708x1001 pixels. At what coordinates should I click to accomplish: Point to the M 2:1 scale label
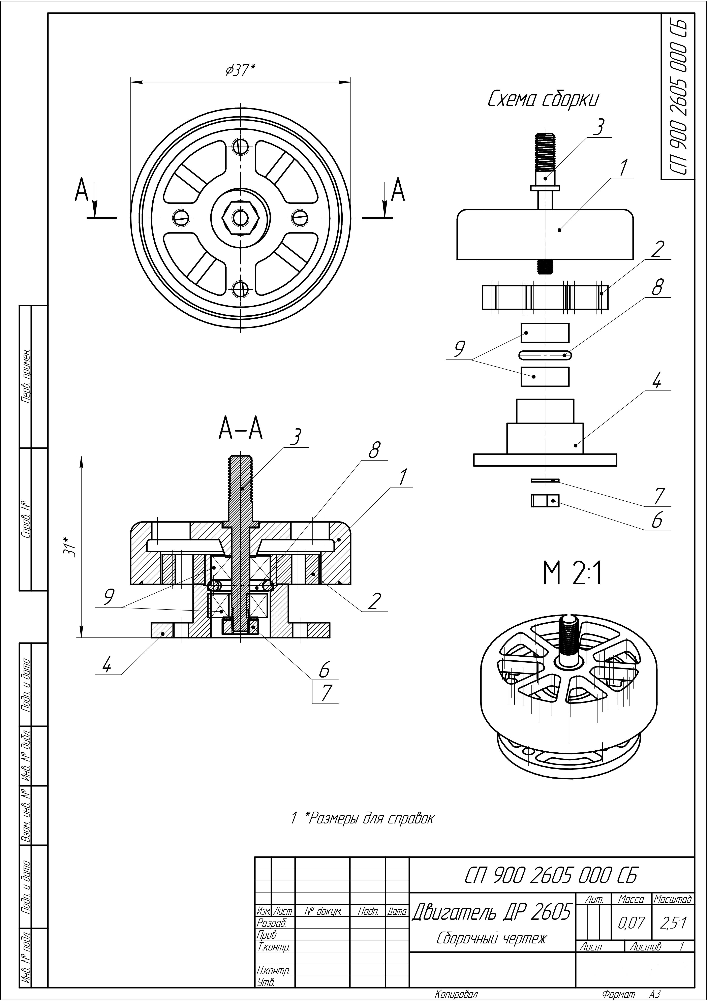(x=572, y=575)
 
